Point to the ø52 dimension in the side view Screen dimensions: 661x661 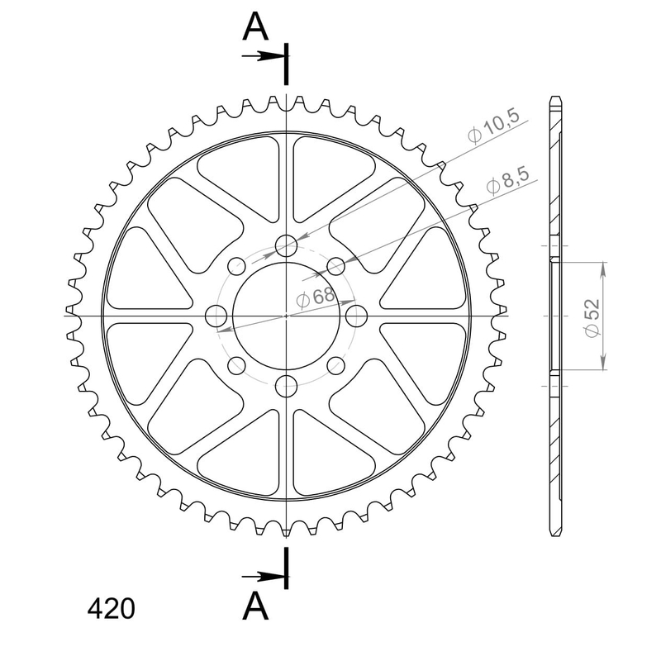point(589,316)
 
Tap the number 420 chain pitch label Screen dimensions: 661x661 point(111,610)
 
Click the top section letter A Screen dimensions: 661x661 point(255,27)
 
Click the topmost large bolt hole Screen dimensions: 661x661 point(287,245)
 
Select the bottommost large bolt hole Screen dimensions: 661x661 point(287,385)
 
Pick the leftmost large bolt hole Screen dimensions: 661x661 point(216,316)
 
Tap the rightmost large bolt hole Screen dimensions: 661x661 point(357,316)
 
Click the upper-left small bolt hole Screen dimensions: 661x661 point(237,266)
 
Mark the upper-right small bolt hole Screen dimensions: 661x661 point(336,266)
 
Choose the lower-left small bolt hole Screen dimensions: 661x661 point(237,365)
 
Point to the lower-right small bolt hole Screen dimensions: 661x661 point(336,365)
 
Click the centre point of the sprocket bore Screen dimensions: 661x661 point(287,316)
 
